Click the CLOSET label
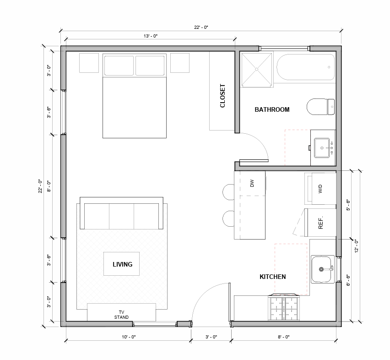(x=223, y=96)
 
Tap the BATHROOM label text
(x=272, y=109)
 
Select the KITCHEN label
(x=273, y=277)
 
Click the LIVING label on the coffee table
(x=122, y=264)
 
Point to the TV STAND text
(x=121, y=314)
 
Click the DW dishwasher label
(x=252, y=183)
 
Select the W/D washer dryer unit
(x=320, y=188)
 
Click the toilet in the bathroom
(x=320, y=107)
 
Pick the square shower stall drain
(x=256, y=69)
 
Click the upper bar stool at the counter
(x=227, y=191)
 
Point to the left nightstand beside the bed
(x=89, y=63)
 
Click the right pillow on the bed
(x=150, y=66)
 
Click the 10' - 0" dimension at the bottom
(x=129, y=337)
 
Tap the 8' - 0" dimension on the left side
(x=49, y=185)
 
